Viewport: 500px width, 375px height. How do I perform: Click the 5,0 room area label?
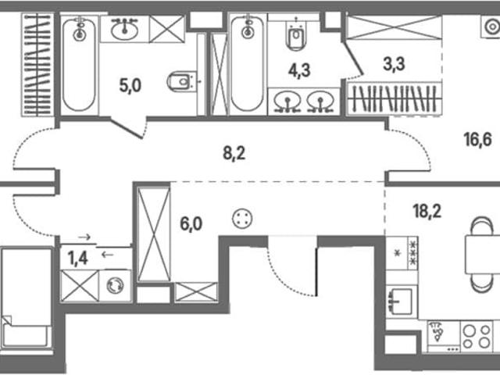(x=130, y=85)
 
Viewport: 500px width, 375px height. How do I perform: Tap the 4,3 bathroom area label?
(x=299, y=70)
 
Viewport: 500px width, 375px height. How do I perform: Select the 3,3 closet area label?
(x=394, y=64)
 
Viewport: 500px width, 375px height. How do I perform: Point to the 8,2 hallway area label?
(x=234, y=154)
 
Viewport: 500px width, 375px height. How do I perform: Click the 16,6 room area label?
(x=478, y=140)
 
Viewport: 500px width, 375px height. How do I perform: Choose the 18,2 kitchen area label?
(x=427, y=211)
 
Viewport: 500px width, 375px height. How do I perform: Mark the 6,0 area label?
(x=191, y=224)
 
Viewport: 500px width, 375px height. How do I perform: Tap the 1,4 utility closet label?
(x=78, y=258)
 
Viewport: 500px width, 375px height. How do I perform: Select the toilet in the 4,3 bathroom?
(x=297, y=36)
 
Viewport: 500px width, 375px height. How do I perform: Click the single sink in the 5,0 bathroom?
(x=125, y=29)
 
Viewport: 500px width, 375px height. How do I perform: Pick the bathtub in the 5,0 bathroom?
(x=79, y=65)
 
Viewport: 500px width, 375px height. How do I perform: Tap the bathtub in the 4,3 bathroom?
(x=248, y=62)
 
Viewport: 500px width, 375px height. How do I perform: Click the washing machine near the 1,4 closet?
(x=115, y=285)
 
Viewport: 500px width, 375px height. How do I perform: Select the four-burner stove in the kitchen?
(x=477, y=337)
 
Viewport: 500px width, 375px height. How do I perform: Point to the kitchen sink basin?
(x=401, y=301)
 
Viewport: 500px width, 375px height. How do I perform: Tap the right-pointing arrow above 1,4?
(x=84, y=237)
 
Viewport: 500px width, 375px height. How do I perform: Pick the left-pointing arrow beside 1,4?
(x=107, y=255)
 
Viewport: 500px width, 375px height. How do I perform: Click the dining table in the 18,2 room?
(x=483, y=254)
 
